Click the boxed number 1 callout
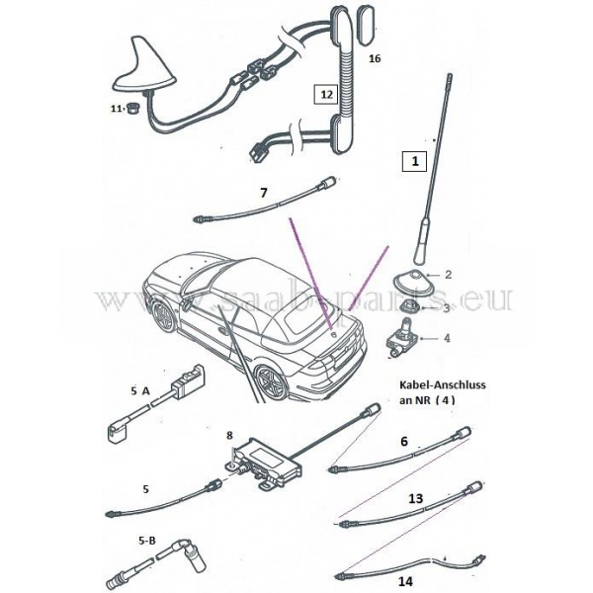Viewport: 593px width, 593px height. pyautogui.click(x=415, y=158)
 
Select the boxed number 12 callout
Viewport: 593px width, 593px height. pyautogui.click(x=326, y=95)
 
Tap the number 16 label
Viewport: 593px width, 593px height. pyautogui.click(x=375, y=58)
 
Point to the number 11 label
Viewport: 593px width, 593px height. pyautogui.click(x=117, y=108)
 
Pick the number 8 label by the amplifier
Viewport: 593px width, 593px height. pyautogui.click(x=229, y=433)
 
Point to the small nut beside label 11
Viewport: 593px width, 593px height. pyautogui.click(x=129, y=109)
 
